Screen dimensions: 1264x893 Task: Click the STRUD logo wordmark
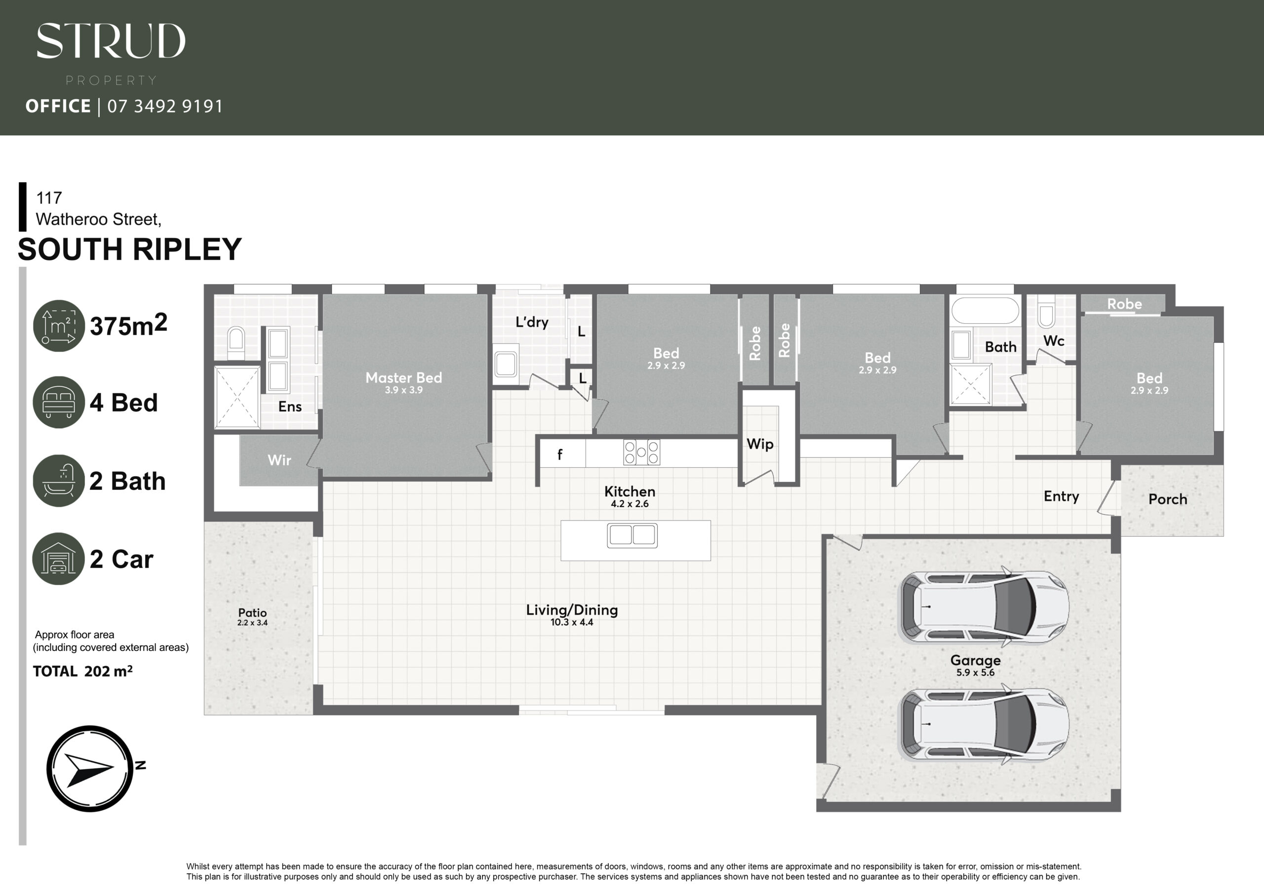click(111, 41)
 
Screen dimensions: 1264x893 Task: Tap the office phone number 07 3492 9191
click(165, 106)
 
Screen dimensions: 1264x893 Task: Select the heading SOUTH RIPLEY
click(130, 249)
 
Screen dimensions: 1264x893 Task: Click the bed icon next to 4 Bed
click(59, 402)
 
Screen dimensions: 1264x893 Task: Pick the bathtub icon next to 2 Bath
click(59, 481)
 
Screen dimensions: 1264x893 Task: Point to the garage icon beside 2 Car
click(59, 558)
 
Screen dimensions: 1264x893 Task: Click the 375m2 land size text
click(128, 325)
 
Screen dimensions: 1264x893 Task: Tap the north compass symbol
click(90, 768)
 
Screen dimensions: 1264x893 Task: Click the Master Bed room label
click(403, 377)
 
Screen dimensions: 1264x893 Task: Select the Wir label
click(279, 460)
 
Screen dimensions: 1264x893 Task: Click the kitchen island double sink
click(632, 535)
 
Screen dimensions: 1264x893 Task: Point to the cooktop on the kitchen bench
click(641, 453)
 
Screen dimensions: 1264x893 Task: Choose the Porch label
click(1168, 499)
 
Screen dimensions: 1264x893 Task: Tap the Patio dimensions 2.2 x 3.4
click(252, 623)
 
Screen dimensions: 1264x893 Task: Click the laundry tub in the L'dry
click(506, 364)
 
